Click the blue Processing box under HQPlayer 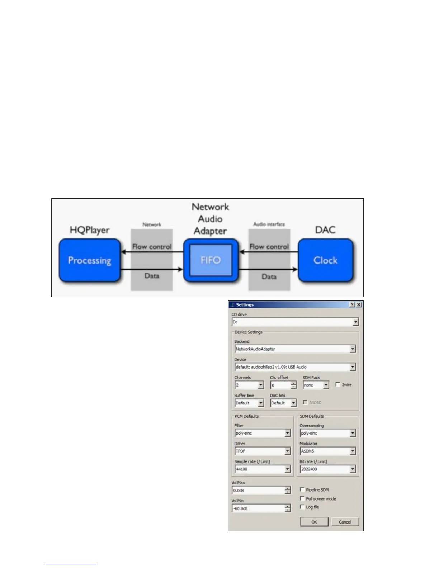coord(90,260)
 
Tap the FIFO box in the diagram coord(211,260)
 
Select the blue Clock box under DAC coord(325,260)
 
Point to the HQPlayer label coord(90,230)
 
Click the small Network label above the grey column coord(152,224)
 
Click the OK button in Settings coord(314,522)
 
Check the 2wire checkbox coord(337,384)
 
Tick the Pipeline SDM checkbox coord(302,489)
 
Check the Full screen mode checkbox coord(302,498)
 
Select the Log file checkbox coord(302,507)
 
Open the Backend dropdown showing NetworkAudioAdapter coord(295,349)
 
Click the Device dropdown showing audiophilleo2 coord(295,367)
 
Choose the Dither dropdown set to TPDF coord(263,451)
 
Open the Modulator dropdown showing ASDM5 coord(327,451)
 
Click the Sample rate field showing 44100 coord(263,469)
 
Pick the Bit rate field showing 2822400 coord(327,469)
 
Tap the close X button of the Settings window coord(359,304)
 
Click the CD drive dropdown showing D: coord(295,322)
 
